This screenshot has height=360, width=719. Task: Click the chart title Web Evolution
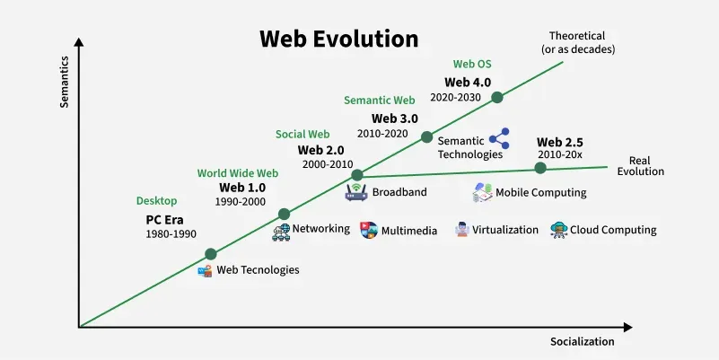338,40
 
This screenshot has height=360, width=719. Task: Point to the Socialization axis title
582,341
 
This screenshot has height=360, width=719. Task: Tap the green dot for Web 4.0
496,96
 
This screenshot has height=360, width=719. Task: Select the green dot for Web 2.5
540,168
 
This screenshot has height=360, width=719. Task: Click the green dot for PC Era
211,254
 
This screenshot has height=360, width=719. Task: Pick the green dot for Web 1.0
284,214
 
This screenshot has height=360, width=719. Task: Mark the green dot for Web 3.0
426,136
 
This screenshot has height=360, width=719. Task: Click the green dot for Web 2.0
357,174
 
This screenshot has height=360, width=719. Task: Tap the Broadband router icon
356,192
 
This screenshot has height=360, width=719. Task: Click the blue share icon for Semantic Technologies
498,137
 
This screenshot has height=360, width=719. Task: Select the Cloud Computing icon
558,230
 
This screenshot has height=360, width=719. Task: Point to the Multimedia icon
368,230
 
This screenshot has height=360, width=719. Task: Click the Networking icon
280,231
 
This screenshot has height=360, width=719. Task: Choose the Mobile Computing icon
482,192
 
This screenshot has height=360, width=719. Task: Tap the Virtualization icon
461,230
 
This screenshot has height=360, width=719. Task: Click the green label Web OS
472,64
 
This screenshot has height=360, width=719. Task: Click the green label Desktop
157,200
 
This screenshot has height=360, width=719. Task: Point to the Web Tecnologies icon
206,270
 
